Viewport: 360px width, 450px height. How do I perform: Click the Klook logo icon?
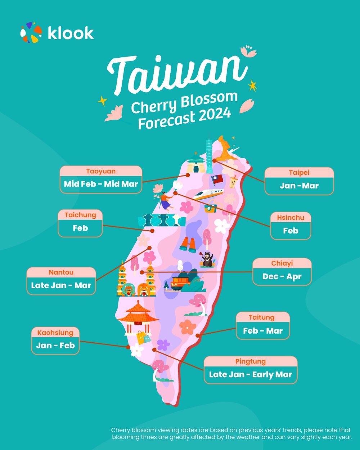pyautogui.click(x=31, y=32)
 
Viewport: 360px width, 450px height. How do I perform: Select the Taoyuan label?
pyautogui.click(x=101, y=171)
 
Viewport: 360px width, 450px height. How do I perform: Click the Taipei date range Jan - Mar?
pyautogui.click(x=299, y=186)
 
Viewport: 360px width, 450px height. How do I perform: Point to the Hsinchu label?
pyautogui.click(x=291, y=218)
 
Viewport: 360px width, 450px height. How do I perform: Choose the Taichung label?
pyautogui.click(x=80, y=215)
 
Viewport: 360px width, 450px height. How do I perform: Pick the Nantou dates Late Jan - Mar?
pyautogui.click(x=61, y=285)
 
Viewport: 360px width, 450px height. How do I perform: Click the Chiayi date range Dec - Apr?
pyautogui.click(x=282, y=277)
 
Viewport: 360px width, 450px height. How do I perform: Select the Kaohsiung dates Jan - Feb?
pyautogui.click(x=55, y=345)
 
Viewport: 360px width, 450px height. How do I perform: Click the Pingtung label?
pyautogui.click(x=251, y=361)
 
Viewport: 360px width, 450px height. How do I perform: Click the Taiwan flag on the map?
pyautogui.click(x=217, y=179)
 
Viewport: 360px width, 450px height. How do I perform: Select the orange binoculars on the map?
pyautogui.click(x=188, y=244)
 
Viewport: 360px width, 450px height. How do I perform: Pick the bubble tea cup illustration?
pyautogui.click(x=234, y=182)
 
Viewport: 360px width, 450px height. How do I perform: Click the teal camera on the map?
pyautogui.click(x=210, y=208)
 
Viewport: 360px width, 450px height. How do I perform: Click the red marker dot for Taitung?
pyautogui.click(x=197, y=335)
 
